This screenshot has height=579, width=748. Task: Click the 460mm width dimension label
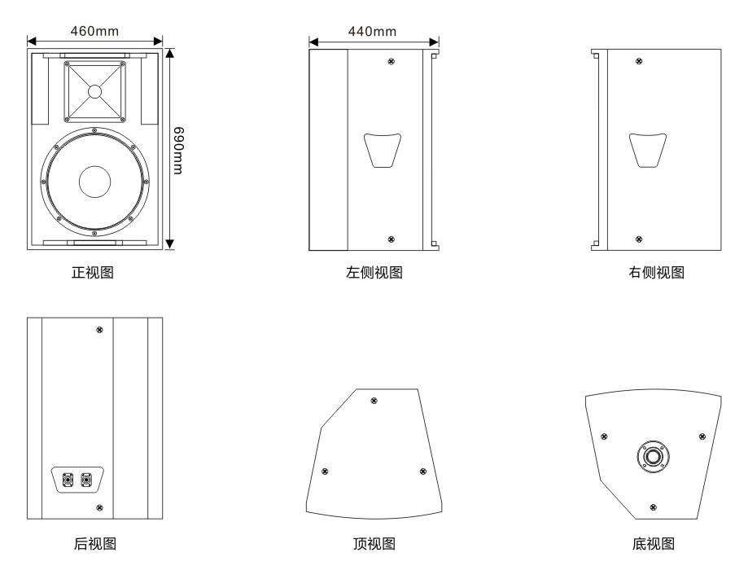pos(94,31)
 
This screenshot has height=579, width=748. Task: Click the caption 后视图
pos(94,543)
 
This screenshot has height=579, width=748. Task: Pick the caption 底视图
pos(655,543)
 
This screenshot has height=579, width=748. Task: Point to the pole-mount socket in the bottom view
pos(653,456)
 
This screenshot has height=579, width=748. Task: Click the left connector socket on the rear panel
pos(67,479)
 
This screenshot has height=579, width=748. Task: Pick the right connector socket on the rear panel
pos(86,479)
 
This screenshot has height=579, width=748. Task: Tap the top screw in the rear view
pos(99,330)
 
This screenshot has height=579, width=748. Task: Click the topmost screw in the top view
pos(374,400)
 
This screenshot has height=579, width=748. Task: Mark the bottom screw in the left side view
pos(391,239)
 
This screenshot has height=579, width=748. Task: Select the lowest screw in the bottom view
pos(654,507)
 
